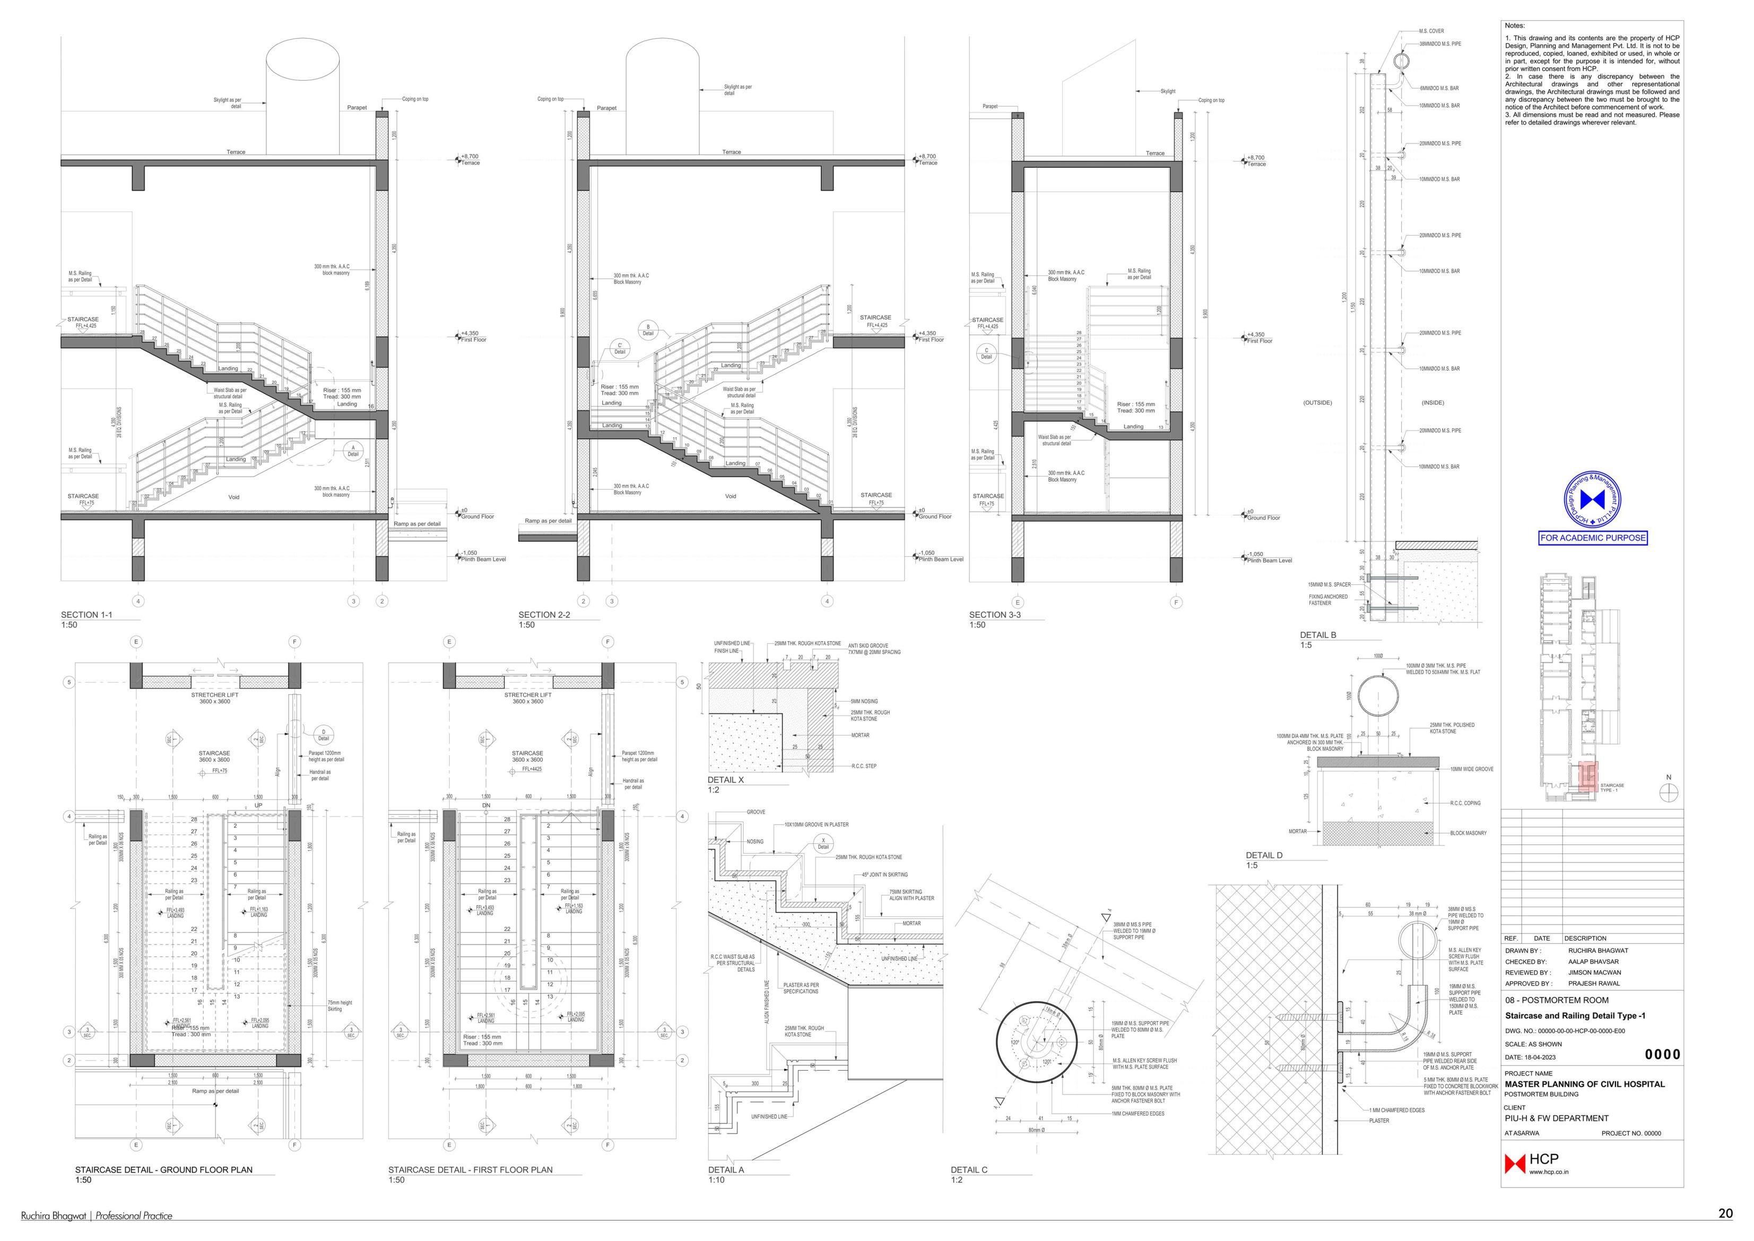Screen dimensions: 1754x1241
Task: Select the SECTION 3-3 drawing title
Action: (x=995, y=614)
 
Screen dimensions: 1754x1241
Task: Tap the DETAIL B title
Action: (x=1318, y=635)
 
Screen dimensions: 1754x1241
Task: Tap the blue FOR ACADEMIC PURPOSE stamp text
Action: (x=1593, y=538)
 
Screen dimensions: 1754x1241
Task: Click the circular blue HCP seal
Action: (x=1593, y=500)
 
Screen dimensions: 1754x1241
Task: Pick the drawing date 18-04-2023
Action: (x=1540, y=1057)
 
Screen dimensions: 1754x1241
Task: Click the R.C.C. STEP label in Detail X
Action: (x=864, y=766)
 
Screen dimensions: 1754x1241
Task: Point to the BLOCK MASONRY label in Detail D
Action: (x=1468, y=833)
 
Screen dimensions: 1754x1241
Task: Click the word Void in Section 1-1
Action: (x=234, y=497)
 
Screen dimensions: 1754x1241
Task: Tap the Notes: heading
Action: (x=1514, y=26)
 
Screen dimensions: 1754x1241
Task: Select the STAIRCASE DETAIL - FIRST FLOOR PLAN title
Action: (x=470, y=1170)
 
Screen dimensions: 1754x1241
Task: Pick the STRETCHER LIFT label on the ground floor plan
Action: (x=215, y=695)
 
